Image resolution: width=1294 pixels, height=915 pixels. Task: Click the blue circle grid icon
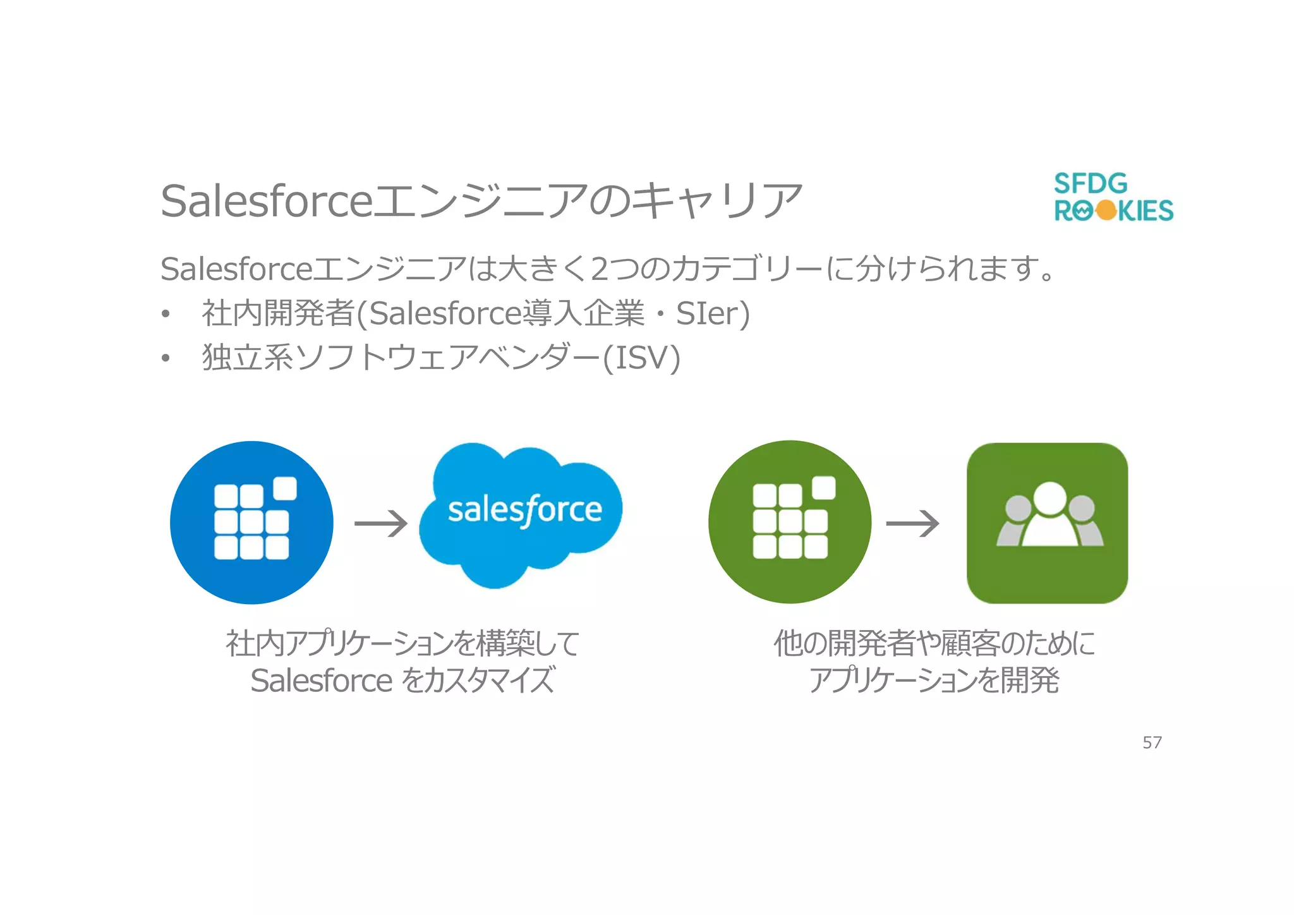click(251, 522)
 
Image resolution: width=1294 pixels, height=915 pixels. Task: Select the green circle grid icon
click(790, 522)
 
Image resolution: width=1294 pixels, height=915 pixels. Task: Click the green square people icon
click(1047, 523)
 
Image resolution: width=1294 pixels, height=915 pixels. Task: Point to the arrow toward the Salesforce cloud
click(381, 523)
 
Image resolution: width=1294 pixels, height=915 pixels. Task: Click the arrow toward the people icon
click(912, 523)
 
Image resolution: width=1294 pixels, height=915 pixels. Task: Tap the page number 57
click(1152, 742)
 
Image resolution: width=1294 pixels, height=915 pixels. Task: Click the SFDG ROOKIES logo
click(1113, 197)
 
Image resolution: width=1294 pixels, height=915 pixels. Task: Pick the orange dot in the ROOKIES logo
click(1106, 210)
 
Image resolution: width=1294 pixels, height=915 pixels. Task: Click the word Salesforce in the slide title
click(267, 201)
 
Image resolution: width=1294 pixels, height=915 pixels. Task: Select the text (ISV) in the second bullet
click(641, 358)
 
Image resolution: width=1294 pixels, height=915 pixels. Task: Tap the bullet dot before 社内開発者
click(166, 314)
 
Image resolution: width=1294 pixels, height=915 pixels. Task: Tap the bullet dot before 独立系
click(166, 358)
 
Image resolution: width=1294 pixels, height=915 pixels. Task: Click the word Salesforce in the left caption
click(321, 681)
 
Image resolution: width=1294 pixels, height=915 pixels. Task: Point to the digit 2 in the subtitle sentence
click(600, 269)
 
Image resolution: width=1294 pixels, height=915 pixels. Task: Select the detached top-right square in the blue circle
click(284, 488)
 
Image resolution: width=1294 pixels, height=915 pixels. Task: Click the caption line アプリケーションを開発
click(934, 681)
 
